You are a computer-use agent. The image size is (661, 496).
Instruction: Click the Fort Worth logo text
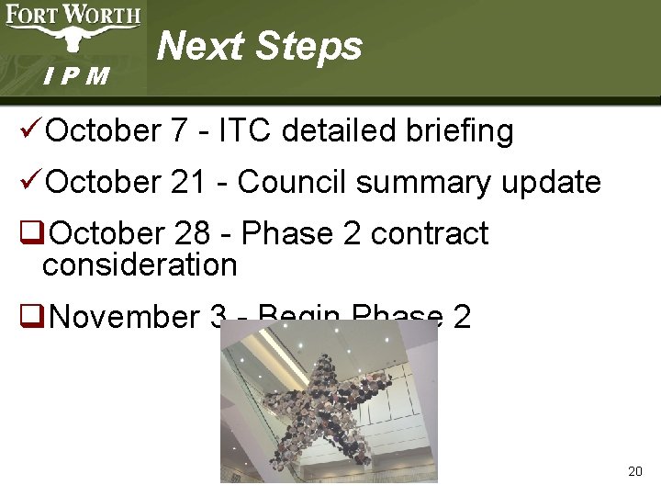tap(73, 15)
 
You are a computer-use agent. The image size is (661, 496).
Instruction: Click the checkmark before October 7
tap(30, 130)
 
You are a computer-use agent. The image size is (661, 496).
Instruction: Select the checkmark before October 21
tap(30, 182)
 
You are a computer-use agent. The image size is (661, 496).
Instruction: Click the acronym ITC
tap(246, 130)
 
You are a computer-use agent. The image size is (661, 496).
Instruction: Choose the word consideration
tap(140, 265)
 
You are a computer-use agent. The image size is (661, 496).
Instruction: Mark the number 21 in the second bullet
tap(188, 182)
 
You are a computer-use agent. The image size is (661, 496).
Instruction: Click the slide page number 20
tap(634, 471)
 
